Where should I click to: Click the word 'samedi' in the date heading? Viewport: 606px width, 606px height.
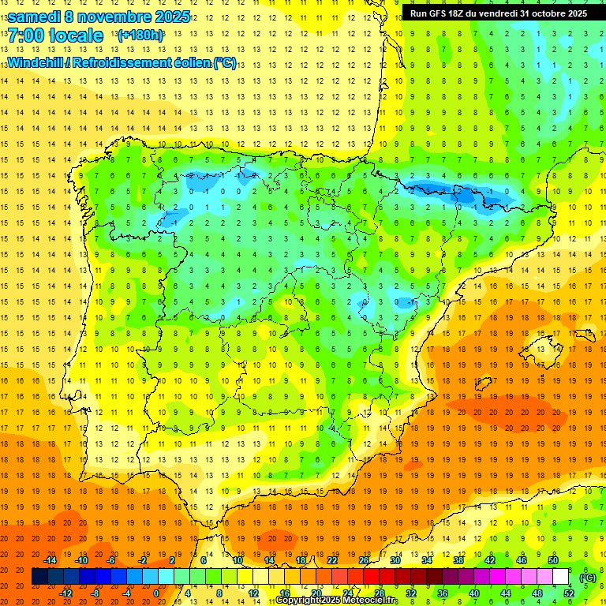click(35, 17)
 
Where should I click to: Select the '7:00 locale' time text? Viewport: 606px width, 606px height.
click(55, 36)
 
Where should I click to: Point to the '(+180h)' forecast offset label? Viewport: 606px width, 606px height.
click(140, 36)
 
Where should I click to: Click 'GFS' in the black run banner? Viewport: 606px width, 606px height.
click(440, 13)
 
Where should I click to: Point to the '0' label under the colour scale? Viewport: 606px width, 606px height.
click(155, 593)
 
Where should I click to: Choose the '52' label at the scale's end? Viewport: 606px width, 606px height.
click(568, 593)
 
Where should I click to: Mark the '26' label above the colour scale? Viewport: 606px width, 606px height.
click(364, 560)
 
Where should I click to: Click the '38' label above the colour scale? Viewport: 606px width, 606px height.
click(458, 560)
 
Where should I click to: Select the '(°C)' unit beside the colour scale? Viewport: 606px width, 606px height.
click(587, 577)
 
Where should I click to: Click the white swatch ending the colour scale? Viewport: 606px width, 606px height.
click(561, 577)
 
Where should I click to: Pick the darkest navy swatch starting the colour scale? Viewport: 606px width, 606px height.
click(39, 577)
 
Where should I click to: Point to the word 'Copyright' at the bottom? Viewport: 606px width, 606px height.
click(297, 600)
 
